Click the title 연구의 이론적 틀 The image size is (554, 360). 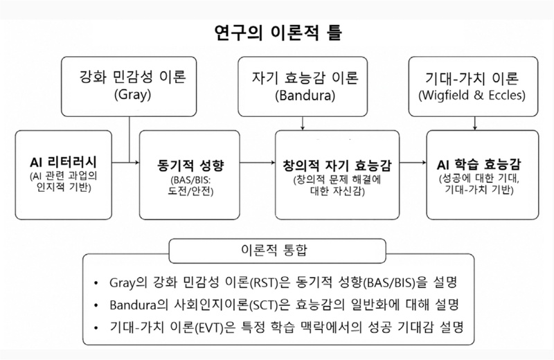coord(277,32)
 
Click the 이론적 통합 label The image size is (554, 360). coord(278,247)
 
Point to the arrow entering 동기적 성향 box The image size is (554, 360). coord(125,163)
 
